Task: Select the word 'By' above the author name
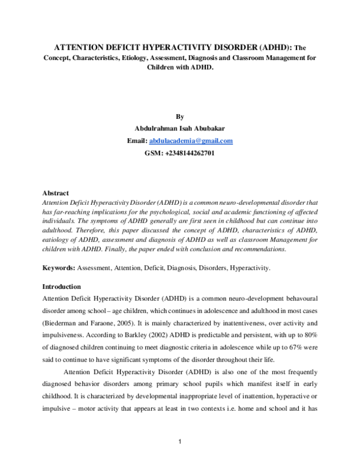click(x=180, y=116)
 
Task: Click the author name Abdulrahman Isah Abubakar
click(x=180, y=129)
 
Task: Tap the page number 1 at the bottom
click(x=180, y=443)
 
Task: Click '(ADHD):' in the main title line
click(x=277, y=46)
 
